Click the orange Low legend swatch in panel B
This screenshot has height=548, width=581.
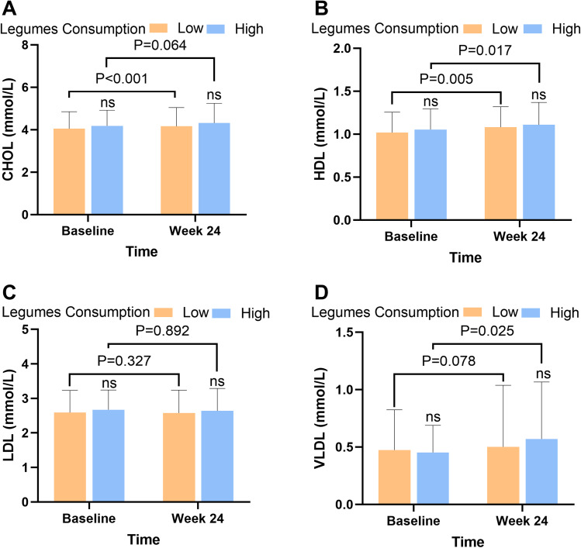pos(480,29)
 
